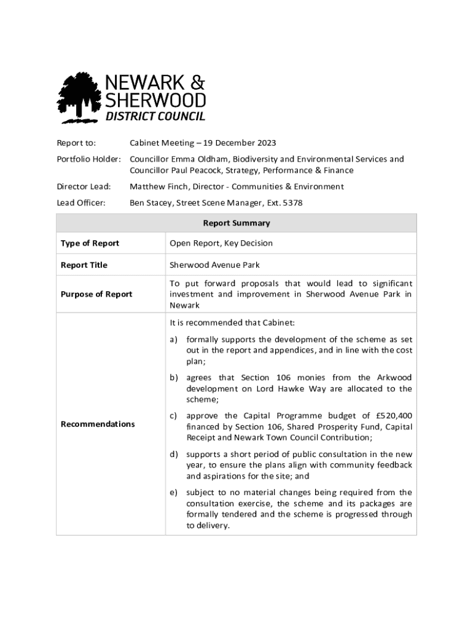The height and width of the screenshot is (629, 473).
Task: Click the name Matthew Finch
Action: (155, 187)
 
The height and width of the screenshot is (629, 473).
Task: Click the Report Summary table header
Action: (237, 223)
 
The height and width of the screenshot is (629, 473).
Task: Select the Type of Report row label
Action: (90, 243)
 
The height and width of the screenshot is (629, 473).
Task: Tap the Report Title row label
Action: (84, 265)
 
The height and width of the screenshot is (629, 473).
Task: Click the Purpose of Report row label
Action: (96, 294)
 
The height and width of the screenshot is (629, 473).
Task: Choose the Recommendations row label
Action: (98, 424)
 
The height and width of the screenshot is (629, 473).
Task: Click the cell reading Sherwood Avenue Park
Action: (214, 265)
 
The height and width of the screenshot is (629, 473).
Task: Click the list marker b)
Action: (174, 378)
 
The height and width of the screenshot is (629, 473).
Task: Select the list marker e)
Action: (174, 493)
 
